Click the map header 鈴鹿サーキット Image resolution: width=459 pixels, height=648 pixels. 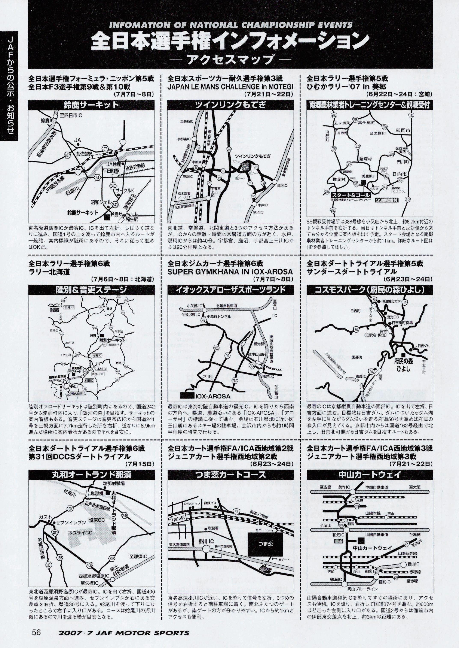(x=91, y=105)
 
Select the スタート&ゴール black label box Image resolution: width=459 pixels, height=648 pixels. (x=351, y=195)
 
